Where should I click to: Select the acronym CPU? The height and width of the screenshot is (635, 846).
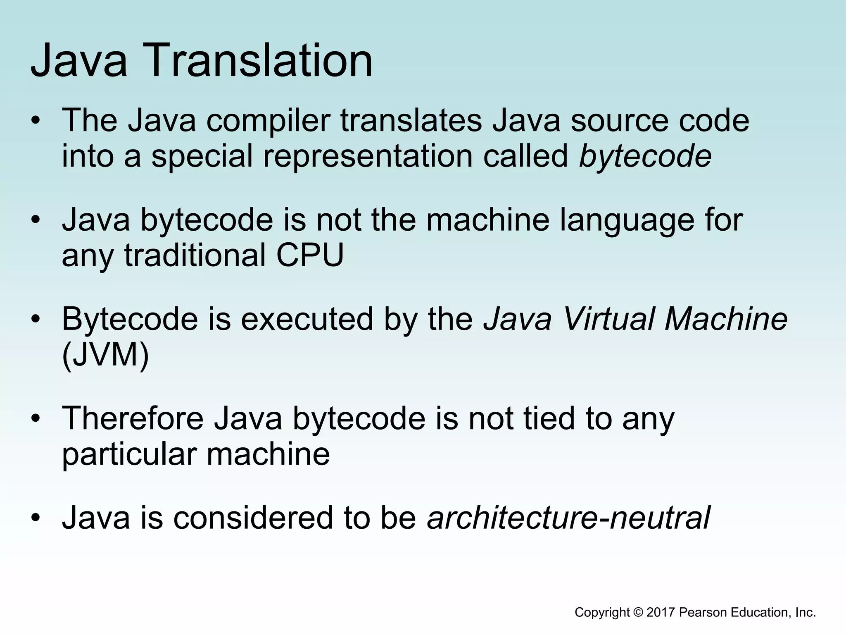click(310, 255)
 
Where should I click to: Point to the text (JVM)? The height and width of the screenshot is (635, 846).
click(105, 355)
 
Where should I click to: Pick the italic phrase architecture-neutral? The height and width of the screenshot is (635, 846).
click(568, 518)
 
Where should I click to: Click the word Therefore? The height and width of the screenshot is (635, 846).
click(133, 418)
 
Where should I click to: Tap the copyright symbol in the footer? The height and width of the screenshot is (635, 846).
click(637, 612)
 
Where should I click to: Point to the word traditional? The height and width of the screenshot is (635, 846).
click(195, 255)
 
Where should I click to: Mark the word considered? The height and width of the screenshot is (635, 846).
click(253, 518)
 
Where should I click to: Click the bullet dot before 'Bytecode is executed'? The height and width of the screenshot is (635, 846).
click(36, 319)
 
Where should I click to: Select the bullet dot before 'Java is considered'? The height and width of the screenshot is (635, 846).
click(36, 518)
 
